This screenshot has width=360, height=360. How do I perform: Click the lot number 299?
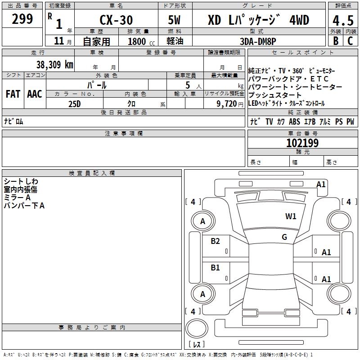pos(22,19)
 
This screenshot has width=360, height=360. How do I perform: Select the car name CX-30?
pos(116,20)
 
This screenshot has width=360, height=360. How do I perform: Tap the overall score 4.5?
pos(343,20)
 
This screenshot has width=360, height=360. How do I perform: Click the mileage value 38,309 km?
pos(54,65)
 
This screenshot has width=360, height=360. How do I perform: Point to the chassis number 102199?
pos(302,143)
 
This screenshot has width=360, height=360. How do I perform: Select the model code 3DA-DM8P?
pos(258,41)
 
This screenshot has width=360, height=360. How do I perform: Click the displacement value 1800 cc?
pos(141,41)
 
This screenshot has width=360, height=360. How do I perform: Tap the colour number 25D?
pos(75,104)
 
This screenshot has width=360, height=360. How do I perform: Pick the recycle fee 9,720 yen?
pos(230,104)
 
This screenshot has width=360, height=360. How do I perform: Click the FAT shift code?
pos(13,94)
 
